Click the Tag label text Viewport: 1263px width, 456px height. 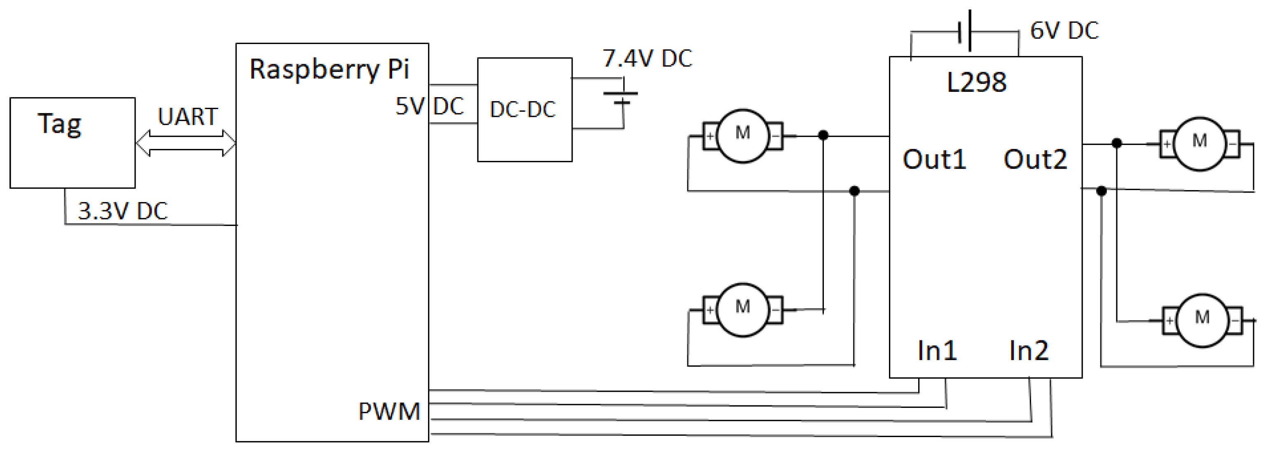(59, 124)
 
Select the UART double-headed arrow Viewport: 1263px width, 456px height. (186, 143)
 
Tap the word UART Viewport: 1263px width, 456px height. (187, 116)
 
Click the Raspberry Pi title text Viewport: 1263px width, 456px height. (329, 69)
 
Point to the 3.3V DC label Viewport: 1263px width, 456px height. (123, 211)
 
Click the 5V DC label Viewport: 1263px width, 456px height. (430, 106)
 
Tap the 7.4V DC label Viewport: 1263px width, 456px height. (647, 58)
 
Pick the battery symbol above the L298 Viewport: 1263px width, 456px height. (965, 31)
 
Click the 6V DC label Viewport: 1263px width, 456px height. (1064, 30)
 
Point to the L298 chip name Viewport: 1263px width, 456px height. (976, 82)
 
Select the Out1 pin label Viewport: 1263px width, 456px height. (934, 159)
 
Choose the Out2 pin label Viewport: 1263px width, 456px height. (1034, 159)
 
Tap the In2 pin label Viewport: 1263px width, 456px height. (1029, 350)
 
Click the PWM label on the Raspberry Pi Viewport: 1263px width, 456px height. (389, 411)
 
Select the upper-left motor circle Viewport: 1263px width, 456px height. (742, 136)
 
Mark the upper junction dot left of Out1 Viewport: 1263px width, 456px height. (823, 135)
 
